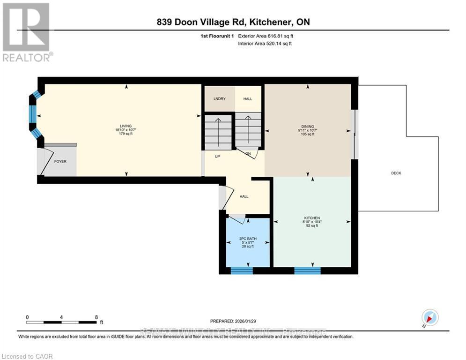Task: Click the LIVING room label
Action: pyautogui.click(x=126, y=126)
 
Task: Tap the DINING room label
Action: pyautogui.click(x=308, y=126)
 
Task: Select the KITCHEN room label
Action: pyautogui.click(x=311, y=218)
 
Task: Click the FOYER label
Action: pyautogui.click(x=60, y=161)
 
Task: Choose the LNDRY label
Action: pyautogui.click(x=219, y=99)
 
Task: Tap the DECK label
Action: pyautogui.click(x=396, y=173)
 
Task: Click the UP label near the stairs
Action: pyautogui.click(x=217, y=156)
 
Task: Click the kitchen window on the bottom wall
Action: pyautogui.click(x=307, y=270)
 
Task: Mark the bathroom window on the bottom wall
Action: pyautogui.click(x=242, y=270)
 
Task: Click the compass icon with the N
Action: pyautogui.click(x=429, y=318)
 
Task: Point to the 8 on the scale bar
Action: pyautogui.click(x=96, y=317)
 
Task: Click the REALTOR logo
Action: pyautogui.click(x=26, y=32)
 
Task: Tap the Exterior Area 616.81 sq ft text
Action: pyautogui.click(x=266, y=36)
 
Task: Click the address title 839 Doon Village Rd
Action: pyautogui.click(x=233, y=22)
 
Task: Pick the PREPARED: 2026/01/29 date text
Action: pyautogui.click(x=233, y=321)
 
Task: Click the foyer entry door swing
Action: pyautogui.click(x=45, y=161)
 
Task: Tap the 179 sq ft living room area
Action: pyautogui.click(x=126, y=134)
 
